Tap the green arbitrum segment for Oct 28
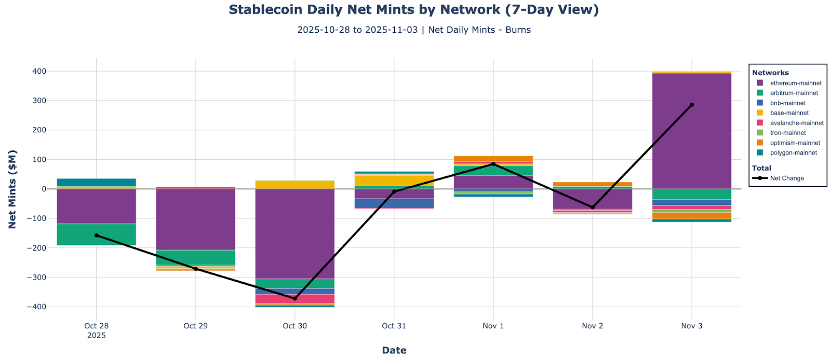pyautogui.click(x=96, y=234)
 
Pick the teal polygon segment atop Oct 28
pyautogui.click(x=96, y=182)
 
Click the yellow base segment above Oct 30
pyautogui.click(x=294, y=185)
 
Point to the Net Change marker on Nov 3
pyautogui.click(x=691, y=105)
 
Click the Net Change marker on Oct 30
pyautogui.click(x=294, y=299)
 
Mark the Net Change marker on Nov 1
pyautogui.click(x=493, y=164)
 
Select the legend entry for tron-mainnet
pyautogui.click(x=787, y=133)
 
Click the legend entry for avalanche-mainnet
pyautogui.click(x=796, y=123)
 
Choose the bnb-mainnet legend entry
pyautogui.click(x=787, y=103)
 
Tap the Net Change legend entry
pyautogui.click(x=786, y=178)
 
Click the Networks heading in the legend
pyautogui.click(x=770, y=73)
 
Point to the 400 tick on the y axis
pyautogui.click(x=40, y=71)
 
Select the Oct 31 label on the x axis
pyautogui.click(x=394, y=326)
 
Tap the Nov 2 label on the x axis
pyautogui.click(x=592, y=326)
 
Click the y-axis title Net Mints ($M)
pyautogui.click(x=12, y=189)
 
